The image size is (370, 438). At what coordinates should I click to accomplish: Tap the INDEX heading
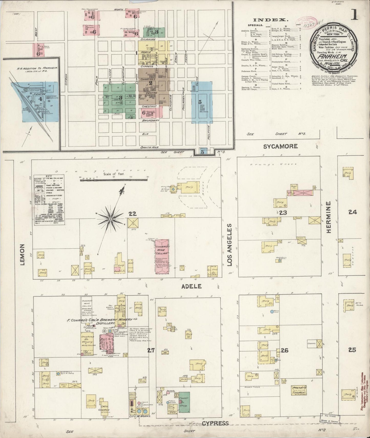[x=270, y=20]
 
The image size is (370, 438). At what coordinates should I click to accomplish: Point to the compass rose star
[x=110, y=219]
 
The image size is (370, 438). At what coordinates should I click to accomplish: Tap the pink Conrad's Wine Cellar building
[x=162, y=256]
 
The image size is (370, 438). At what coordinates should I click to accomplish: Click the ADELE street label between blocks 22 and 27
[x=192, y=286]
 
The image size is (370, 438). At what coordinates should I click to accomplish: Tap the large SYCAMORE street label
[x=281, y=146]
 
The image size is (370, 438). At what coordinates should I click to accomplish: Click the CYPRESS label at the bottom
[x=215, y=423]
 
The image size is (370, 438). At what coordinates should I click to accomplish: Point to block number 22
[x=132, y=214]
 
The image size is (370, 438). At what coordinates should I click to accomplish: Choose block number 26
[x=284, y=350]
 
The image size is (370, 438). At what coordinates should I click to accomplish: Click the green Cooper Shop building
[x=184, y=404]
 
